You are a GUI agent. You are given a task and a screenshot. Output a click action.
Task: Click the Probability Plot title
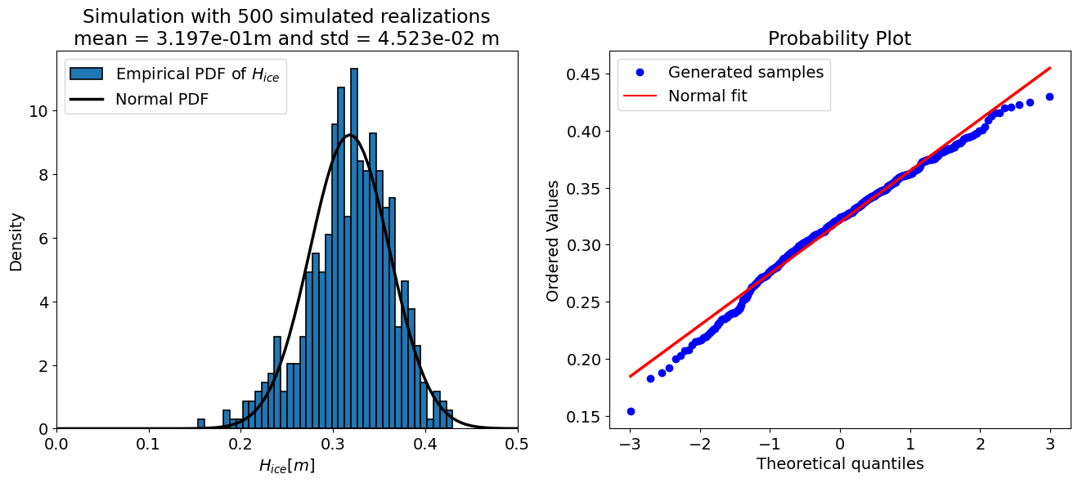[x=839, y=39]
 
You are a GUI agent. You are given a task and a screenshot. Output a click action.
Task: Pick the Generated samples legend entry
[x=745, y=72]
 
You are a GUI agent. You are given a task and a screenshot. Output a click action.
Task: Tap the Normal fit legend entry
[x=707, y=96]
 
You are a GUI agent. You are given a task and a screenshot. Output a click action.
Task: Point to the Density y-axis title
[x=16, y=241]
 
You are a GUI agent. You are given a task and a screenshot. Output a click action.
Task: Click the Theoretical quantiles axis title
[x=839, y=464]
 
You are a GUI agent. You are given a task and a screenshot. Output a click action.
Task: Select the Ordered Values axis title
[x=554, y=241]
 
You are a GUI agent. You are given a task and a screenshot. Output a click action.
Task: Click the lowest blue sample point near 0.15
[x=631, y=411]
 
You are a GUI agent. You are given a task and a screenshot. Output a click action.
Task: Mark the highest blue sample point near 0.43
[x=1049, y=96]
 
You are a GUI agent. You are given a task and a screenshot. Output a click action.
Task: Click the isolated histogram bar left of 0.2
[x=201, y=423]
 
